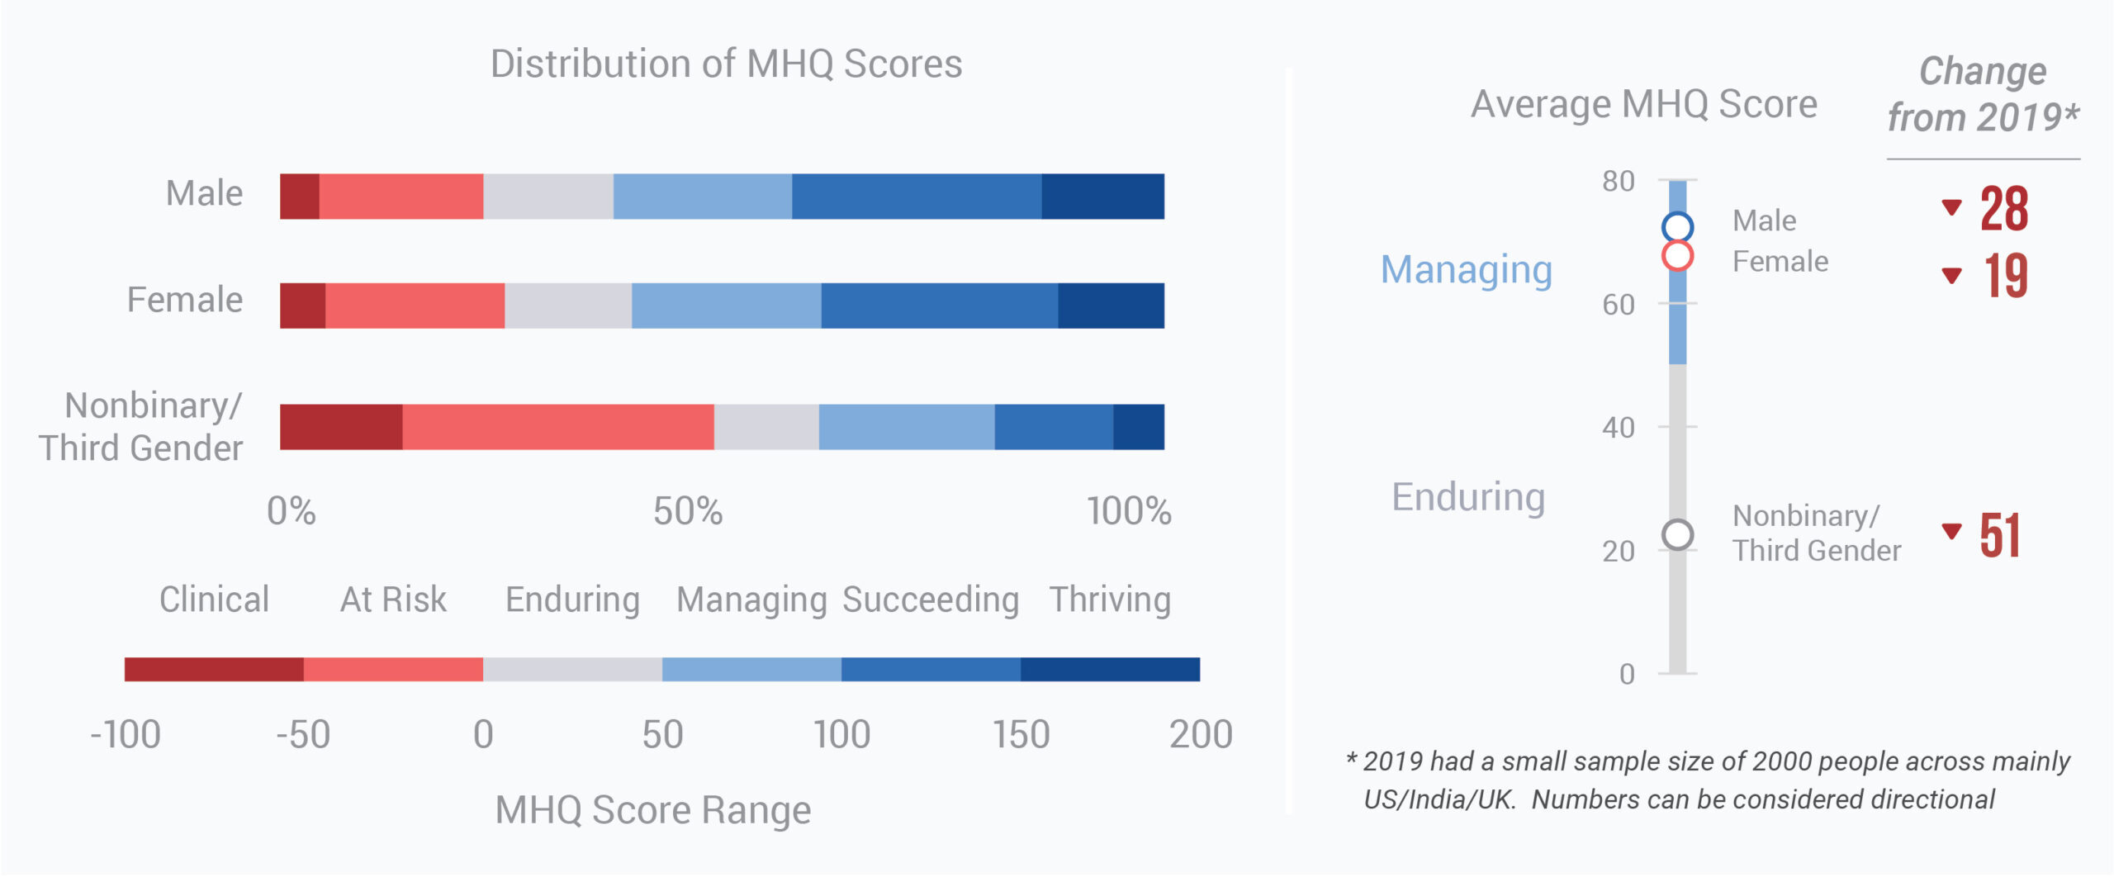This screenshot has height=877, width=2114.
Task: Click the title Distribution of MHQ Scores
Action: click(x=726, y=64)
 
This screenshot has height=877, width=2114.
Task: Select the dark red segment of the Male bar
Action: click(x=299, y=197)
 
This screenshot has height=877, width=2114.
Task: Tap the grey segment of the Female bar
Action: click(x=568, y=306)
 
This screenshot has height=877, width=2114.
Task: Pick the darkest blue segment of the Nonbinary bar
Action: click(x=1138, y=427)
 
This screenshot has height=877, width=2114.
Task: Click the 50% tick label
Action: click(x=687, y=511)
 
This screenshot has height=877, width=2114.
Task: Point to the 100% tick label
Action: click(x=1128, y=511)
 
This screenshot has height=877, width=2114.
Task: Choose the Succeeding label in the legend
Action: click(x=931, y=600)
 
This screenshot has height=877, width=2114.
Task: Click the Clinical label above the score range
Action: click(x=214, y=600)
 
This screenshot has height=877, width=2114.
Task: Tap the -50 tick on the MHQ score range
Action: click(x=303, y=734)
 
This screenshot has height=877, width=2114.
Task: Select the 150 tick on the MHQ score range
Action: click(x=1021, y=734)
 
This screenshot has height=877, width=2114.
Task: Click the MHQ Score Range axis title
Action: click(x=652, y=810)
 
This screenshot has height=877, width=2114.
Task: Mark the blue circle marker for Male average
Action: click(x=1677, y=226)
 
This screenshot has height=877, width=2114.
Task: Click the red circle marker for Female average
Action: click(x=1677, y=256)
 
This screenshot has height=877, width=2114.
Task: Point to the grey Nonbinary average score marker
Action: click(x=1677, y=535)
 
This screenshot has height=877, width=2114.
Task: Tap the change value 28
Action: click(x=2004, y=209)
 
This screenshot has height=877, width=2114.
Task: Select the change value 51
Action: click(x=2000, y=536)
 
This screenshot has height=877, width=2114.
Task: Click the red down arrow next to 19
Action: click(x=1951, y=275)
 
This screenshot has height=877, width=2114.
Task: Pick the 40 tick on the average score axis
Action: click(x=1619, y=428)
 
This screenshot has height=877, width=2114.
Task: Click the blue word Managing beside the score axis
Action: click(x=1467, y=270)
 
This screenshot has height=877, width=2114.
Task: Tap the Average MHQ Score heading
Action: click(x=1644, y=105)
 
